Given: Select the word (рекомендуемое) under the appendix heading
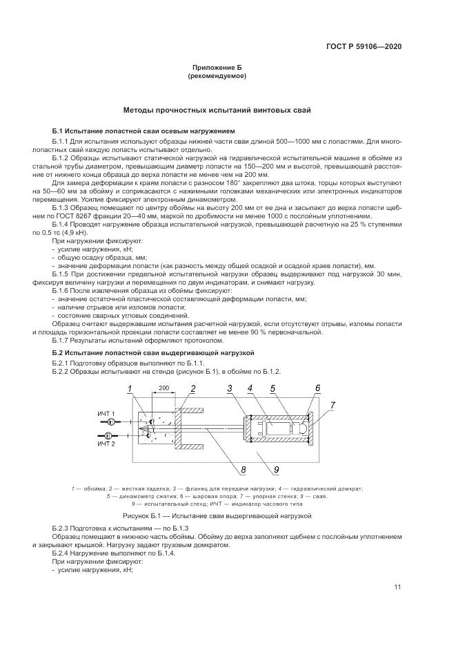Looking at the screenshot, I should (x=217, y=76).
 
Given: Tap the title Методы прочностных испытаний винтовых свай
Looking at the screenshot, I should (x=217, y=110).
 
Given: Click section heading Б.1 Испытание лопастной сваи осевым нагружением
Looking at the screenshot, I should (x=143, y=131).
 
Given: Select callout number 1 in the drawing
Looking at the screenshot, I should (x=128, y=390).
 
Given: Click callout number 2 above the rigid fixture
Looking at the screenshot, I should (x=193, y=388).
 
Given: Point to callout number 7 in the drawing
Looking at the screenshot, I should (x=333, y=404).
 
